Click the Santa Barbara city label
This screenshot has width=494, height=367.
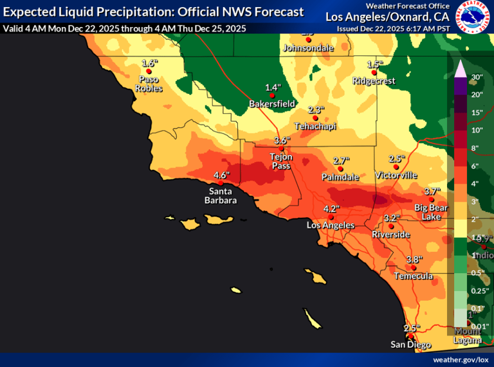point(221,195)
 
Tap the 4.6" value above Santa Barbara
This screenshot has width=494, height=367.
point(221,175)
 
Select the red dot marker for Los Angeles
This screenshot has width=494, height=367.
point(331,217)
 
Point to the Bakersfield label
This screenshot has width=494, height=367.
point(272,103)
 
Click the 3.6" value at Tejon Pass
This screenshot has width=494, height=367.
point(282,140)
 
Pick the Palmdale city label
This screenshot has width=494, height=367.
point(341,177)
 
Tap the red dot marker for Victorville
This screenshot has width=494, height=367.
point(396,167)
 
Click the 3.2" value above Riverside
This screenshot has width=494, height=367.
point(392,218)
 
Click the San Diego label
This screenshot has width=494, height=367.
point(411,345)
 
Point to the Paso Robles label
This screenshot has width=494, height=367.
point(149,84)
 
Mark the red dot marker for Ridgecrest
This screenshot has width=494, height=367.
point(374,73)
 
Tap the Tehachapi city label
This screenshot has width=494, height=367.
point(315,126)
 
